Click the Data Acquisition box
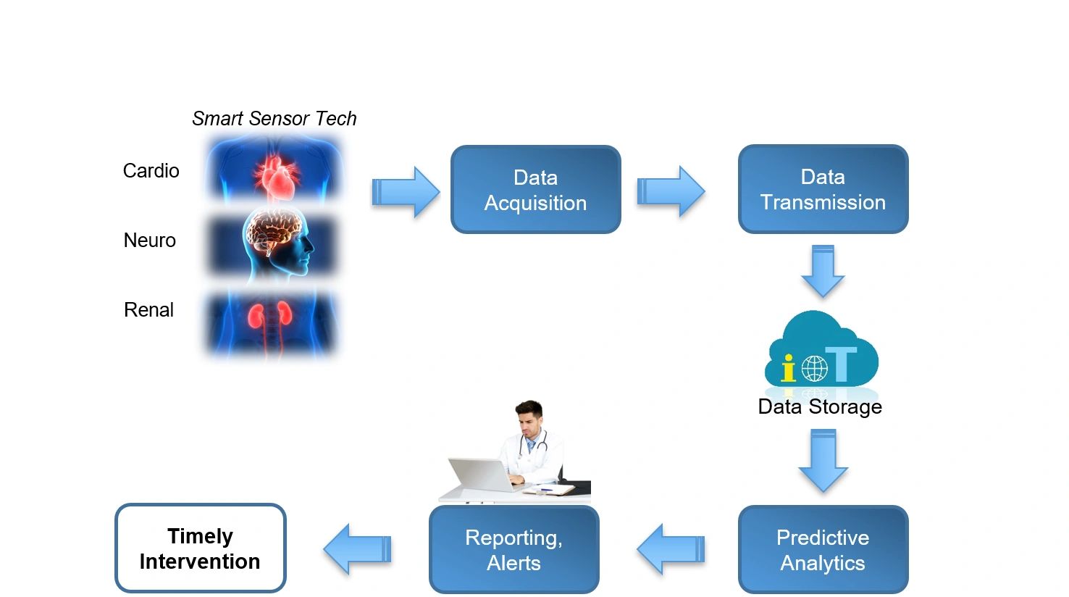(535, 190)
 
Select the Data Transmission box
(823, 189)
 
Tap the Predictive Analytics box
(823, 550)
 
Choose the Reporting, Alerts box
(513, 550)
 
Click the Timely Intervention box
(200, 548)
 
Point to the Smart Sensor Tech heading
(274, 119)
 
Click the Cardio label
(151, 171)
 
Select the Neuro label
(150, 241)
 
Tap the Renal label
(149, 310)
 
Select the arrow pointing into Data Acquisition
(405, 192)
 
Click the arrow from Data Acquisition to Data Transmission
(670, 192)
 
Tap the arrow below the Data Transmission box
(823, 271)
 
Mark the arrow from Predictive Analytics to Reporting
(671, 549)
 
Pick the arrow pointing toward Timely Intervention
(358, 549)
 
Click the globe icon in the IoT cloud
(814, 369)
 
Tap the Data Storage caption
(820, 407)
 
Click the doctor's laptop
(479, 475)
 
